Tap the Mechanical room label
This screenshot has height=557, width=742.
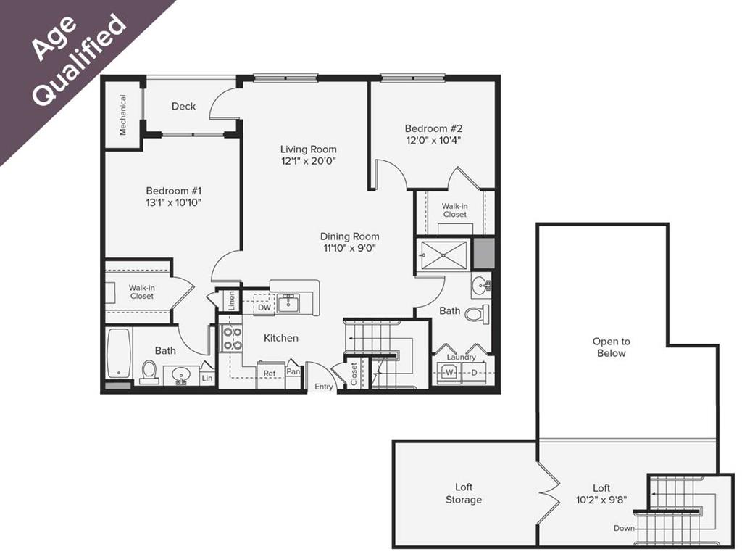tap(122, 115)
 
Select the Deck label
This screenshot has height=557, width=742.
tap(183, 106)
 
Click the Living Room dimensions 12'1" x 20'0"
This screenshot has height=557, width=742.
tap(309, 161)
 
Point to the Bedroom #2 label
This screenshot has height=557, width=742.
tap(433, 128)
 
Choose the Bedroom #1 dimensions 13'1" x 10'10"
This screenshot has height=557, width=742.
tap(172, 203)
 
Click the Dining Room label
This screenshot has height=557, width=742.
tap(350, 236)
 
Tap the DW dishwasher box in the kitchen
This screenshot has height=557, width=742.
tap(264, 308)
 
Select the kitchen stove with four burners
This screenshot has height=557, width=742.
tap(232, 338)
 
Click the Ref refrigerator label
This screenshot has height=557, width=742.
tap(270, 374)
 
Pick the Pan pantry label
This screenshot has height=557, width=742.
tap(293, 371)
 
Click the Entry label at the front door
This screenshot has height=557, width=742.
tap(324, 387)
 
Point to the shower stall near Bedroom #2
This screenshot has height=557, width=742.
tap(444, 255)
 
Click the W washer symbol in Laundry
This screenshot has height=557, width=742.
tap(449, 373)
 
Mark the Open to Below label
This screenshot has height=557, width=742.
tap(611, 347)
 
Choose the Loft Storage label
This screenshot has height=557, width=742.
tap(464, 493)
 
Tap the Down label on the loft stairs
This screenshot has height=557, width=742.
tap(624, 528)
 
